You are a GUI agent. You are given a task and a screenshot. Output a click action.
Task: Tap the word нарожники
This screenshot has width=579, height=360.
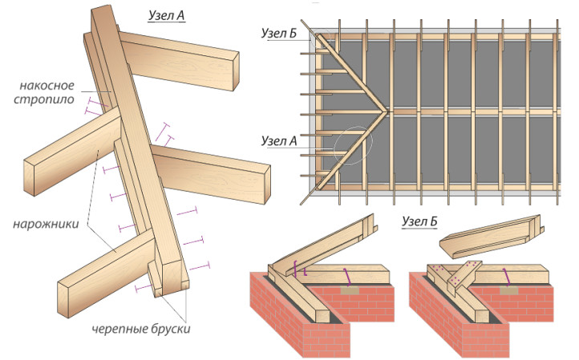click(x=46, y=224)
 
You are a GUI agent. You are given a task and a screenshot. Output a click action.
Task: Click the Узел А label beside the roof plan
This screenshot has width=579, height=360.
click(x=278, y=141)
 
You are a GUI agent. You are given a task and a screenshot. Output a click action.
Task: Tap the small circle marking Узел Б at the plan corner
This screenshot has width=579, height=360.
click(x=318, y=36)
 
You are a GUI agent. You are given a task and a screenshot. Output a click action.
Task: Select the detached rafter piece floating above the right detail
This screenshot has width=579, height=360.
click(x=489, y=239)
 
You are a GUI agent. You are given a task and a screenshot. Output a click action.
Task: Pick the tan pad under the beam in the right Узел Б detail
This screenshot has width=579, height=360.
click(x=511, y=289)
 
